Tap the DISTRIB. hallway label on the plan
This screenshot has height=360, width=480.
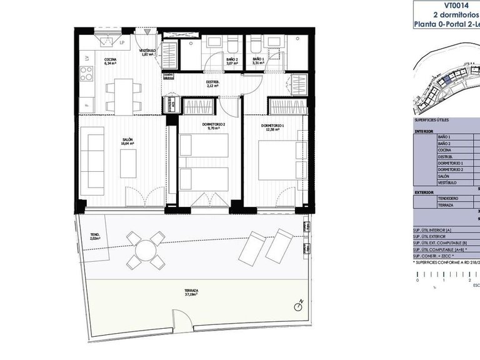[x=212, y=84]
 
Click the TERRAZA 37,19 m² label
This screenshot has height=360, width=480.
[x=192, y=292]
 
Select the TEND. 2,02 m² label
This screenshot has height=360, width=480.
[x=95, y=237]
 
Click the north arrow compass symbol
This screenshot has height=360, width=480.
[x=299, y=306]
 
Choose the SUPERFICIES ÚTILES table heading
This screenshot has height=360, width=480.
[x=431, y=120]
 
